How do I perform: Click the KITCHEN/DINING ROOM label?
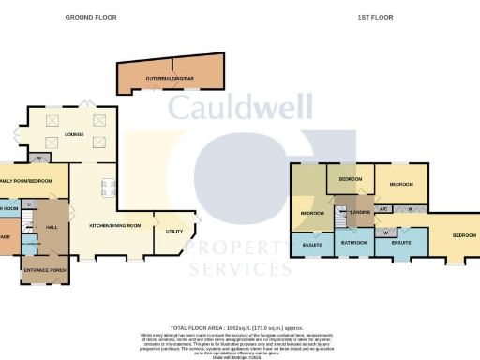coord(113,226)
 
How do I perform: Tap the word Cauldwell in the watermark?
coord(250,108)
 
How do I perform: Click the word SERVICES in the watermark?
coord(239,269)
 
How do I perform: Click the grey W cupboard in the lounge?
coord(39,157)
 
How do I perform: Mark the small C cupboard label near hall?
coord(30,203)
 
